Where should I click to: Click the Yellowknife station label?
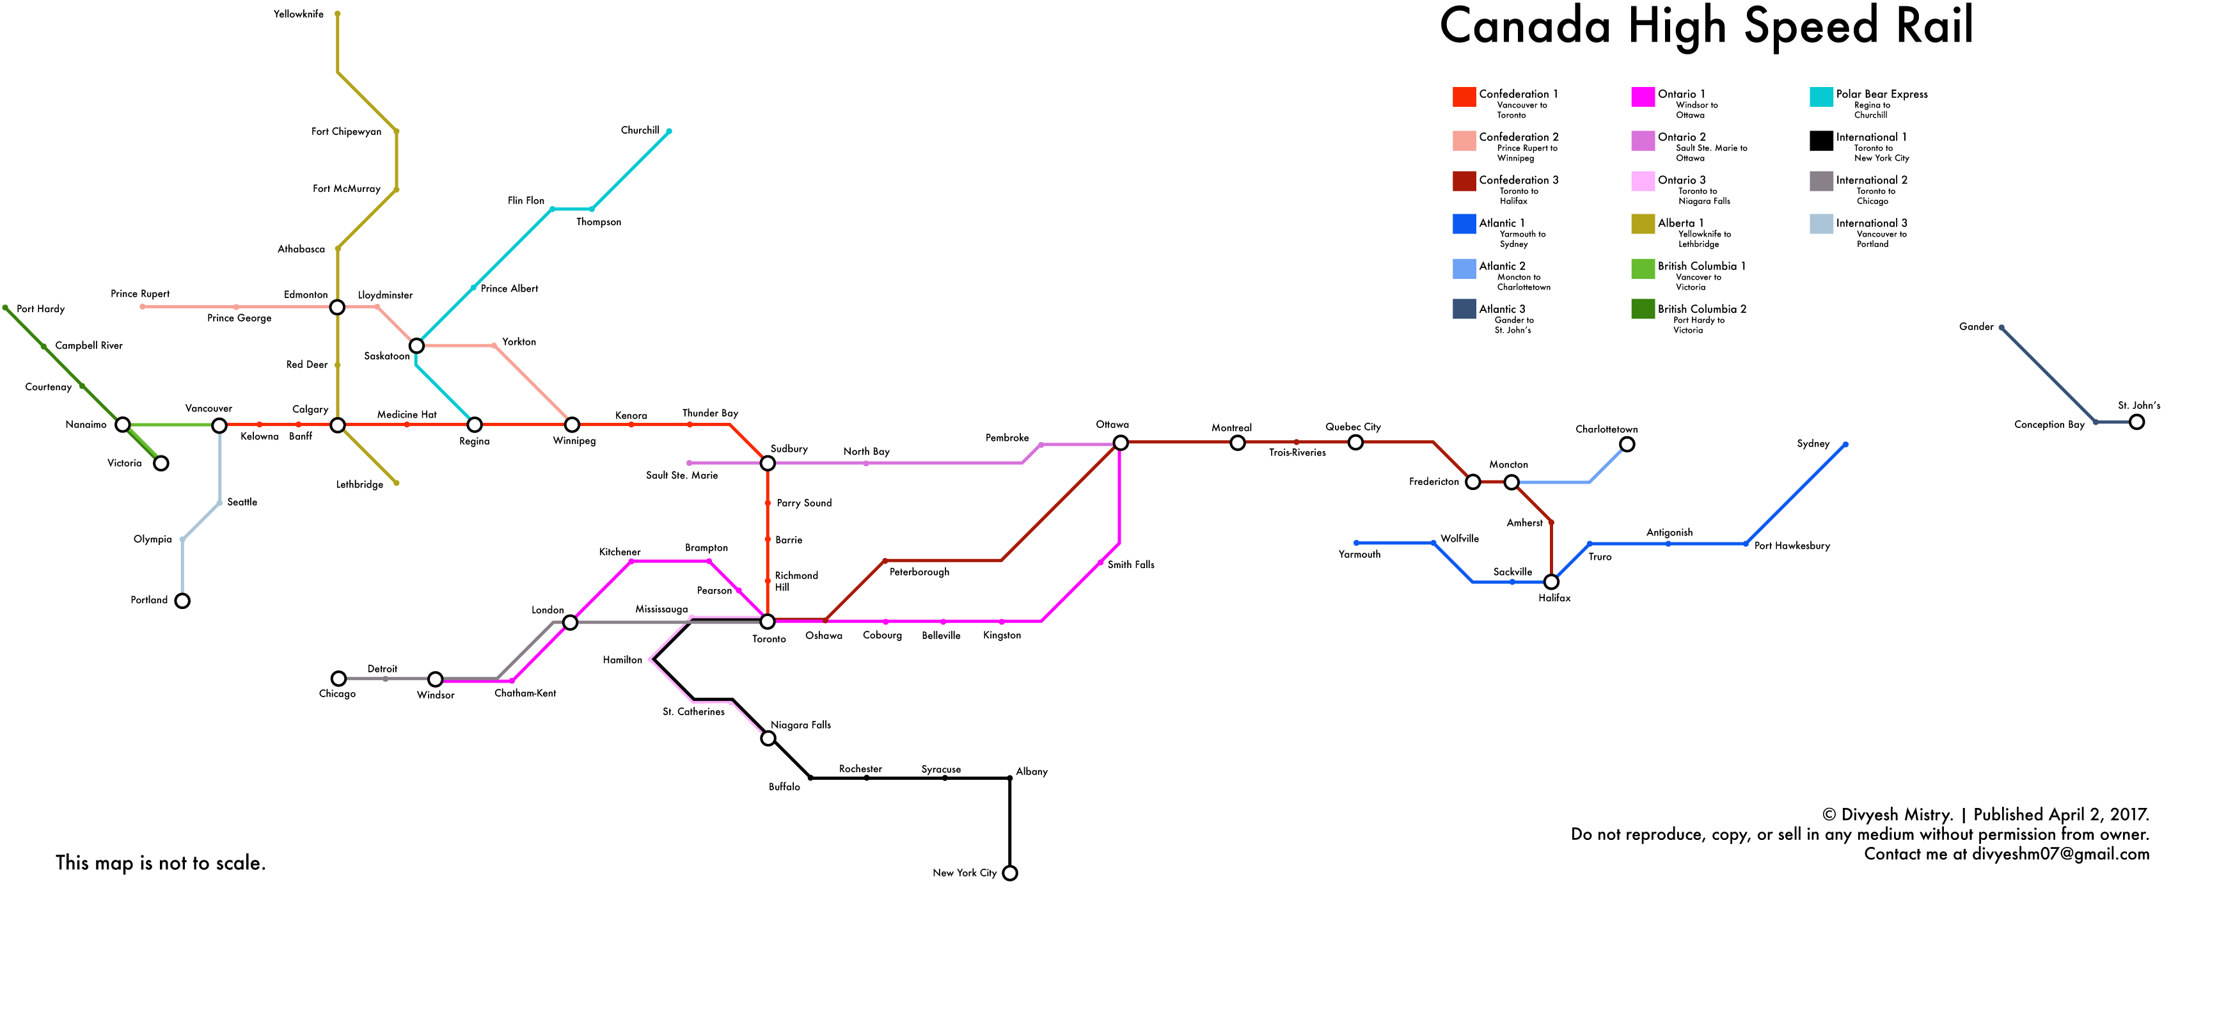(x=298, y=14)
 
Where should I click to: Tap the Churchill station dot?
(x=669, y=131)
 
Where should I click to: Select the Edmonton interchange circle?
(x=337, y=307)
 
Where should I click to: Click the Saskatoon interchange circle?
(x=416, y=345)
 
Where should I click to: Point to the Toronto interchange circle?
(x=768, y=621)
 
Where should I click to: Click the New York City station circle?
(x=1009, y=873)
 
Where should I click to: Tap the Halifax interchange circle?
(x=1551, y=581)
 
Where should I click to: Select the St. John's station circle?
(x=2137, y=422)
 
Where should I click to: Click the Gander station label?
(x=1977, y=327)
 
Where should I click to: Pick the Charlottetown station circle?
(x=1627, y=444)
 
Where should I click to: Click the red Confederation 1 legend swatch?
(x=1464, y=97)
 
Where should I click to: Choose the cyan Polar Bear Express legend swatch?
(x=1820, y=97)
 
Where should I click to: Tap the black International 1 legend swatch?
(x=1820, y=140)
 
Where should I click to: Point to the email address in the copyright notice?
(x=2060, y=854)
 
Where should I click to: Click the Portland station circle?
(x=182, y=601)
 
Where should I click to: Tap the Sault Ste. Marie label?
(x=682, y=475)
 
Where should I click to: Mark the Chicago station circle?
(x=339, y=679)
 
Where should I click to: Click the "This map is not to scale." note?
(x=161, y=862)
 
